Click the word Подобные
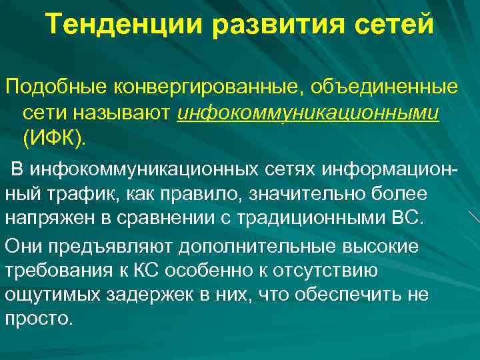click(x=55, y=87)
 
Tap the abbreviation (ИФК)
click(x=55, y=139)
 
